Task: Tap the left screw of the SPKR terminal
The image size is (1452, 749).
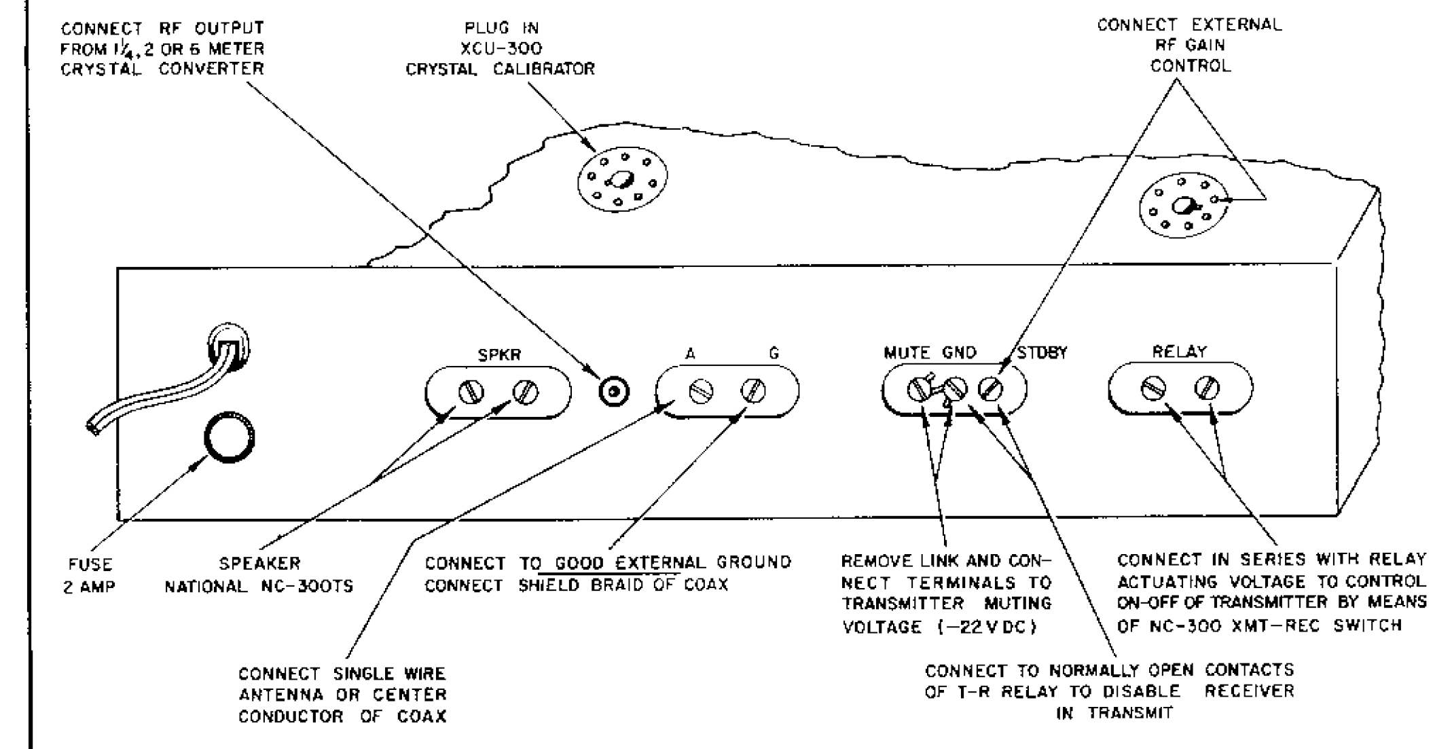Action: tap(471, 392)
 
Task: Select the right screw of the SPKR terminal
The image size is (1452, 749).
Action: tap(526, 392)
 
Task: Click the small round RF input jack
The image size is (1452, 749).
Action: tap(614, 392)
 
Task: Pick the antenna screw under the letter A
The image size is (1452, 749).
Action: tap(701, 391)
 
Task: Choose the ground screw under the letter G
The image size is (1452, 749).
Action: tap(753, 390)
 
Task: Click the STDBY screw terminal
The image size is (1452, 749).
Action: tap(990, 389)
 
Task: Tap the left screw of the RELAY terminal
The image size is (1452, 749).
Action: tap(1153, 388)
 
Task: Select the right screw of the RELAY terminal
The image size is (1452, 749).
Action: tap(1207, 388)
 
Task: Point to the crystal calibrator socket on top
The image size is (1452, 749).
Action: tap(622, 179)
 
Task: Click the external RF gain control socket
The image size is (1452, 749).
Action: tap(1184, 205)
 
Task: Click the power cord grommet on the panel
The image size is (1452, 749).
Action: tap(229, 347)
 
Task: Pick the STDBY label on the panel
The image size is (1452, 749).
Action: tap(1042, 353)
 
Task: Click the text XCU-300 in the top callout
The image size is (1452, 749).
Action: tap(501, 49)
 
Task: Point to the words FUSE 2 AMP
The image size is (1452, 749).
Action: tap(90, 575)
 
